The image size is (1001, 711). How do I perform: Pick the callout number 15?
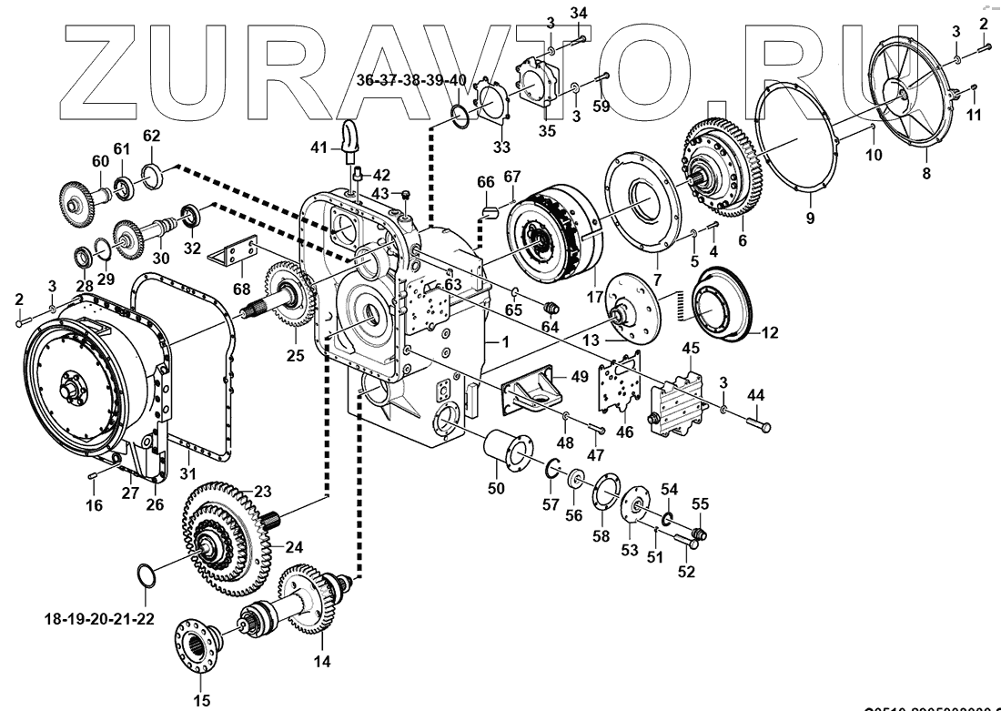tap(201, 700)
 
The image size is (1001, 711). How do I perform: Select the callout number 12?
tap(770, 332)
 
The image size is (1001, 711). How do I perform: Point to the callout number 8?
tap(926, 173)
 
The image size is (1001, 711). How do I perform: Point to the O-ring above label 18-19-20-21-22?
tap(146, 577)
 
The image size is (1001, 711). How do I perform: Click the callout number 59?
tap(601, 107)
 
